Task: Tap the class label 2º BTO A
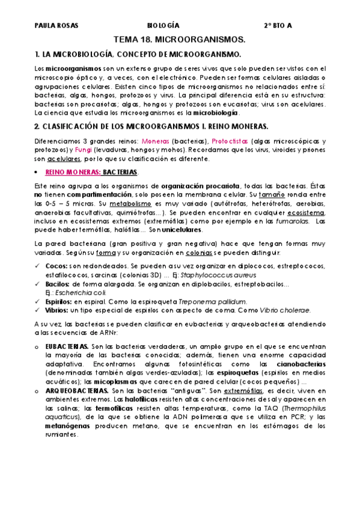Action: pyautogui.click(x=278, y=25)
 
